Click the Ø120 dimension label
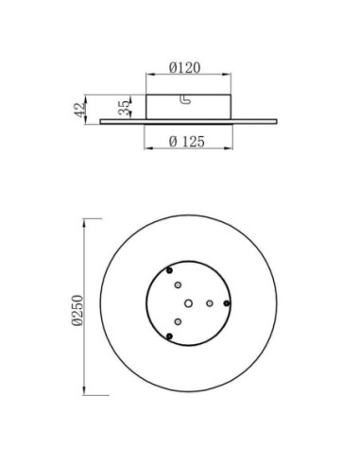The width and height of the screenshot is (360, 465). click(184, 67)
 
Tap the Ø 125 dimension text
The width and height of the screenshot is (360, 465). click(187, 142)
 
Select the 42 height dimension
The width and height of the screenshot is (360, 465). click(79, 110)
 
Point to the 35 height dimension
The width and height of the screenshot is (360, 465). click(124, 108)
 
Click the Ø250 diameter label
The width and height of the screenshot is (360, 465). click(77, 310)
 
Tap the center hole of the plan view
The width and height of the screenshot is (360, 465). click(188, 303)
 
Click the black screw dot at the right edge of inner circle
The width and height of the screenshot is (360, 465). click(227, 303)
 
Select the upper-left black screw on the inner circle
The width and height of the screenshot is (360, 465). click(169, 270)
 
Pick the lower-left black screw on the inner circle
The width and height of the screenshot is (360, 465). click(169, 336)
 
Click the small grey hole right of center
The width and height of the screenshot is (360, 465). click(210, 303)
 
